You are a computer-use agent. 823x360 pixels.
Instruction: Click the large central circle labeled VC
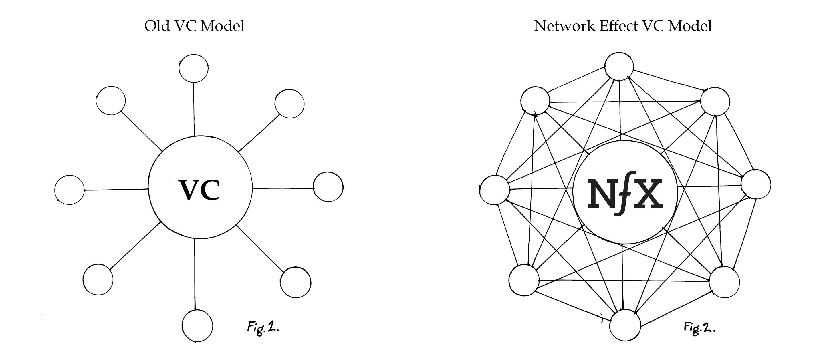point(200,211)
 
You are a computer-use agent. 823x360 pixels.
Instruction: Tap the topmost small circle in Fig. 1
point(194,68)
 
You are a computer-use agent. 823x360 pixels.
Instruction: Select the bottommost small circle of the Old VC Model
point(197,325)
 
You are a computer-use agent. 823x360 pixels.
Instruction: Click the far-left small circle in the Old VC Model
point(69,190)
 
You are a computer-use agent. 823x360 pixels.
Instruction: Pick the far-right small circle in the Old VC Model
point(328,187)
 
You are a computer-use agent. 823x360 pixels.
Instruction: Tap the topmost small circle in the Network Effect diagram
point(619,66)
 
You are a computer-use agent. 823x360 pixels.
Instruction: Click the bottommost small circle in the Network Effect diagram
point(625,325)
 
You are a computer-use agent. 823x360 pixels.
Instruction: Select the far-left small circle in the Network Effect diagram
point(495,190)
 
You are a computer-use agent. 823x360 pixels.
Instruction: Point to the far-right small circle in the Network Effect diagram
point(755,185)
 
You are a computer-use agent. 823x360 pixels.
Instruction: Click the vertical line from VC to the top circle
point(194,109)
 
